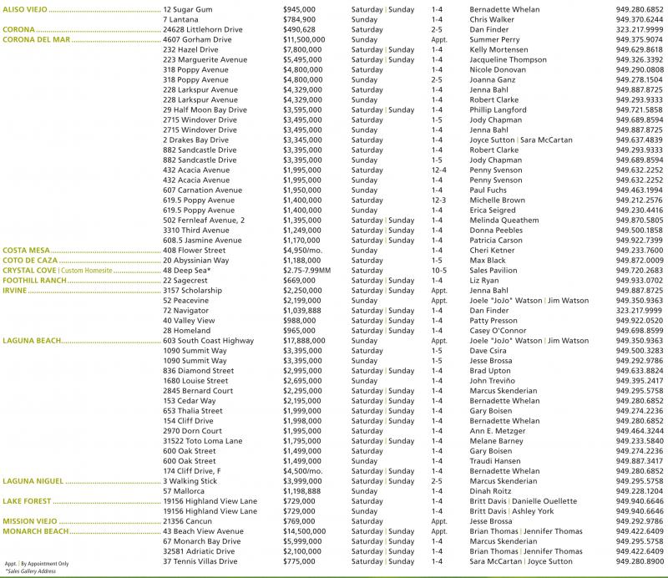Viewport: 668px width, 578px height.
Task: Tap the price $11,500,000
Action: click(305, 39)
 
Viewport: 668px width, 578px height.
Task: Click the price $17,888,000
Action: click(305, 341)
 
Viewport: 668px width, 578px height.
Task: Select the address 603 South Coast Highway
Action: click(209, 341)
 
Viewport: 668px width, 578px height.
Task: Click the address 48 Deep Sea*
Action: click(186, 271)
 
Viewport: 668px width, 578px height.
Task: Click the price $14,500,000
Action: click(305, 531)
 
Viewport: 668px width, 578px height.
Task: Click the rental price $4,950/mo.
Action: click(302, 250)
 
